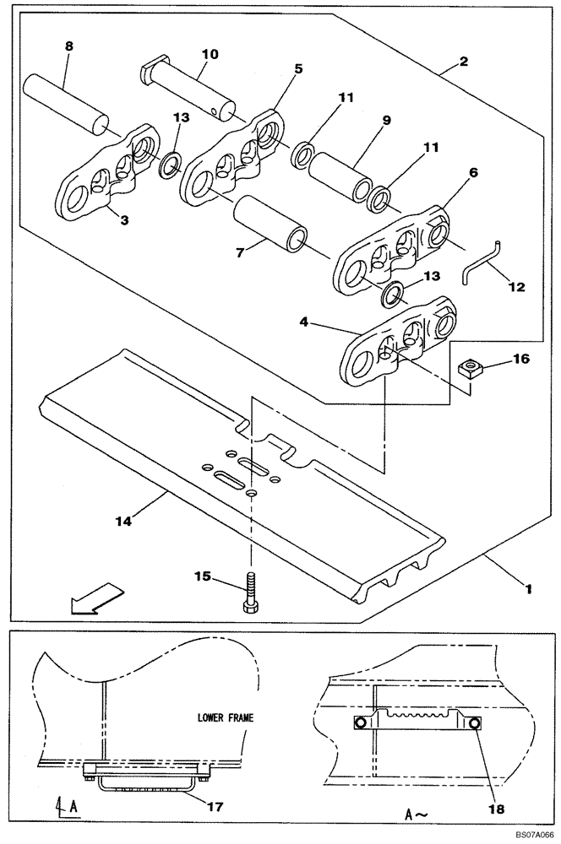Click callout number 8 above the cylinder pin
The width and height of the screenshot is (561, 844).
69,48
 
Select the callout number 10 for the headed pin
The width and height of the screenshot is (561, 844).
210,54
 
